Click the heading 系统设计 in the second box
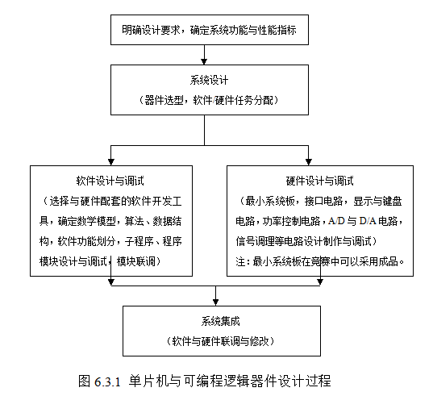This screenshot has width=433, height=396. tap(209, 81)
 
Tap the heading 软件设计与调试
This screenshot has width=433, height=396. tap(110, 181)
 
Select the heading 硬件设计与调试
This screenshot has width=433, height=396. tap(320, 181)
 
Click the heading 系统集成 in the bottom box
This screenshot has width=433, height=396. tap(220, 321)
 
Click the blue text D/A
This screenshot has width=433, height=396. tap(368, 221)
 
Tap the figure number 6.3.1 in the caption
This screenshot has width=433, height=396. tap(107, 381)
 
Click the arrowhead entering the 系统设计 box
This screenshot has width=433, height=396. tap(204, 61)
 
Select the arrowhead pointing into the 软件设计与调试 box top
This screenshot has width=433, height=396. tap(111, 162)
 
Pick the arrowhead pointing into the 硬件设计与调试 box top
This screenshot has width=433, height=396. tap(309, 162)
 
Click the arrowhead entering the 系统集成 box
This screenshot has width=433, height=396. tap(215, 302)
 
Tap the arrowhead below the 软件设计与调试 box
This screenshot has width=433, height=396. tap(111, 282)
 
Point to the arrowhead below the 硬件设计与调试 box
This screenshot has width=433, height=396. tap(320, 282)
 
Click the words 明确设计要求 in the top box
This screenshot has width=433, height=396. tap(151, 30)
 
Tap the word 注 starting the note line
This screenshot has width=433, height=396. tap(240, 261)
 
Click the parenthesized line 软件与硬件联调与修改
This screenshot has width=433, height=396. tap(220, 342)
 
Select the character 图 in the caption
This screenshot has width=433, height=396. tap(85, 381)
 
